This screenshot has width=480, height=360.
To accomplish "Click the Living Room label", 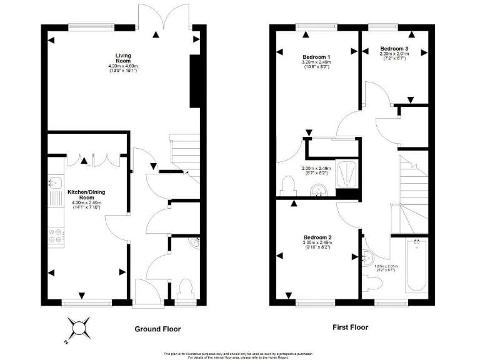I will coord(122,57).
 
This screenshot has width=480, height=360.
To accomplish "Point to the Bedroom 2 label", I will coord(317,237).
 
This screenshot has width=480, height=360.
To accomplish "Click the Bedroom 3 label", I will coord(394,48).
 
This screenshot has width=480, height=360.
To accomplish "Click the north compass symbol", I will coord(79,328).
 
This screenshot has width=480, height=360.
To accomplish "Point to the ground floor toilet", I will coord(185,289).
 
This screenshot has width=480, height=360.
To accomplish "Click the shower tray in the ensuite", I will coord(346,174).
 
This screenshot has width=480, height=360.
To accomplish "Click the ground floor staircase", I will coord(184,153).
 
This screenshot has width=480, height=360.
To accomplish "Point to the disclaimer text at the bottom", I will coord(240,355).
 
